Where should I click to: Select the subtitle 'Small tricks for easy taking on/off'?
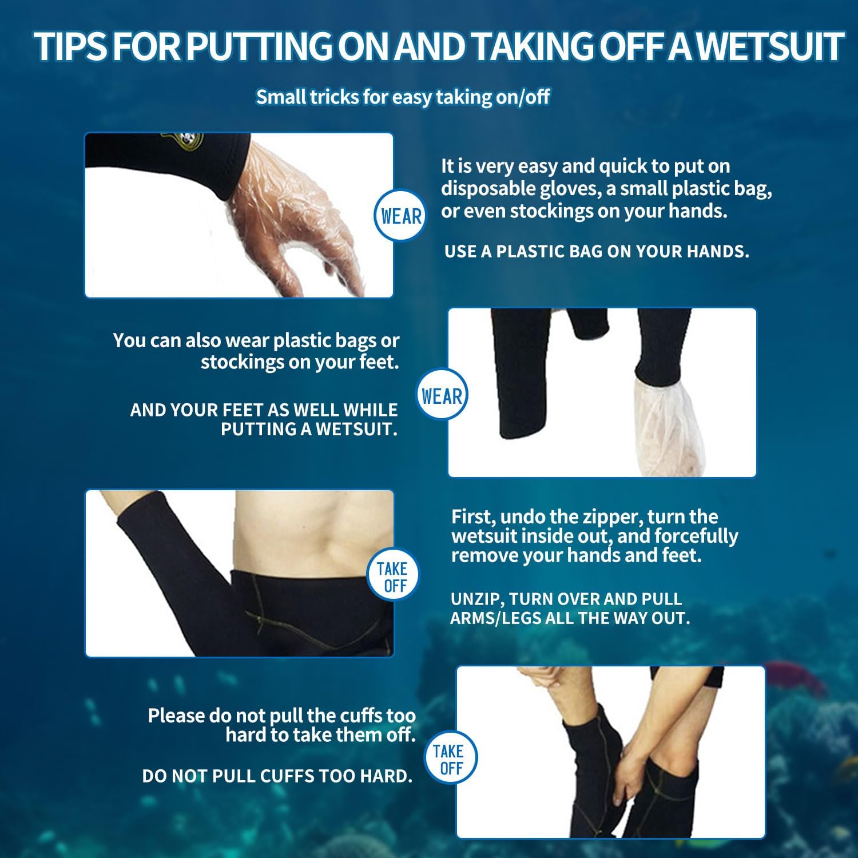[x=403, y=97]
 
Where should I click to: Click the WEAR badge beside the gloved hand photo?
[x=401, y=216]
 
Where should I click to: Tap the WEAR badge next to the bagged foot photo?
[x=442, y=395]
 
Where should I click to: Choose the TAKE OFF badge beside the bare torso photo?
[x=392, y=577]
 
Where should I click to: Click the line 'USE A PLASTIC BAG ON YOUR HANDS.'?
[x=597, y=251]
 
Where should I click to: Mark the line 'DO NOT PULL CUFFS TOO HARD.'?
[x=277, y=776]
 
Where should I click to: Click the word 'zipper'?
[x=615, y=517]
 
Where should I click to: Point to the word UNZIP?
[x=476, y=599]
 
